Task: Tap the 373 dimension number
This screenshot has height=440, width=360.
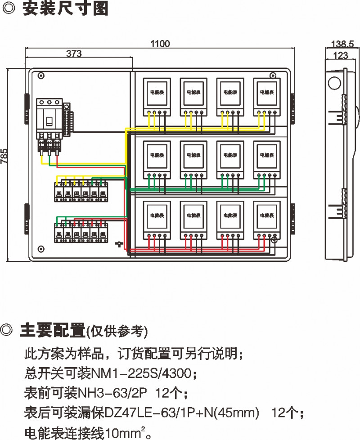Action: click(x=74, y=54)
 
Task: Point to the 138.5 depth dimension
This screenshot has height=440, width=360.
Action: click(x=342, y=44)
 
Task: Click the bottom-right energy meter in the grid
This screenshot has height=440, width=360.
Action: click(x=265, y=219)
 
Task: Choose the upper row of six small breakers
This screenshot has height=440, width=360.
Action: click(x=81, y=191)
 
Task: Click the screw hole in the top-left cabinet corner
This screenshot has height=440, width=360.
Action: click(x=41, y=76)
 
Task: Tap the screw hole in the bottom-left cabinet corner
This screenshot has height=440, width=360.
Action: click(x=41, y=248)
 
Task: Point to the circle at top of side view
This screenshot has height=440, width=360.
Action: click(x=333, y=83)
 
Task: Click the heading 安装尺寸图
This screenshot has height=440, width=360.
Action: click(x=65, y=9)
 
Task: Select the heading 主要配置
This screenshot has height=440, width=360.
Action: click(x=53, y=331)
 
